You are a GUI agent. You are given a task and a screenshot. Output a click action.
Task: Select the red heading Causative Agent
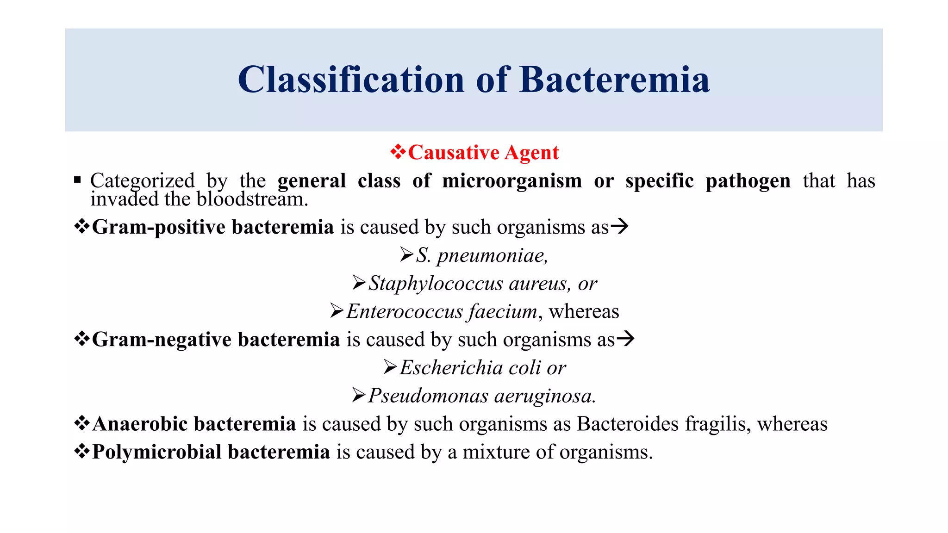click(483, 153)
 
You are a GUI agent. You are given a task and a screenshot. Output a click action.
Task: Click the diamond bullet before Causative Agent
click(398, 152)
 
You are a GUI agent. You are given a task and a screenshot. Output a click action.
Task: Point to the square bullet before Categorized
click(77, 180)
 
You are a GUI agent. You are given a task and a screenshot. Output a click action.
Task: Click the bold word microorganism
click(512, 180)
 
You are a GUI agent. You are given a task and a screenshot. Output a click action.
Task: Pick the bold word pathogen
click(748, 180)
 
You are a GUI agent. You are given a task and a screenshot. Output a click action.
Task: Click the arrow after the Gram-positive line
click(619, 226)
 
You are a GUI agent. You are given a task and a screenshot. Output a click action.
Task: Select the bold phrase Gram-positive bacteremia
click(213, 227)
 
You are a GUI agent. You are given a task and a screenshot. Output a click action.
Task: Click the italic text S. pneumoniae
click(481, 255)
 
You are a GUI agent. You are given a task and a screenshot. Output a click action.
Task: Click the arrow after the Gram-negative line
click(625, 339)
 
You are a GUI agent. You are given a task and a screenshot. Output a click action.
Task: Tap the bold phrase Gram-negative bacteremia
click(216, 340)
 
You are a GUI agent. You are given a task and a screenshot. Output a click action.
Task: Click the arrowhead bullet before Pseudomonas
click(359, 395)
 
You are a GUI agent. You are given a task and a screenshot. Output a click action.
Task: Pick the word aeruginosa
click(544, 396)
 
